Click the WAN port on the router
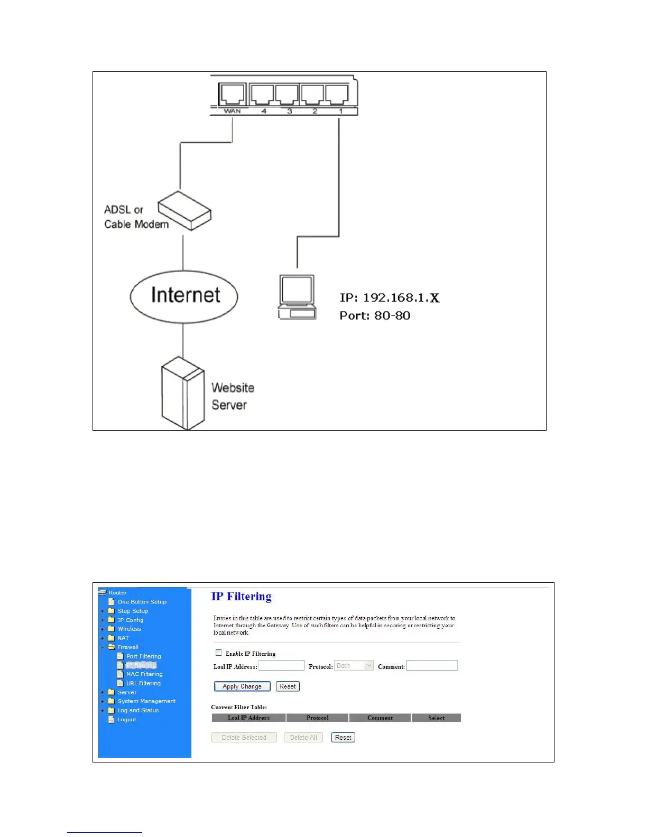pyautogui.click(x=232, y=95)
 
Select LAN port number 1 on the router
pyautogui.click(x=337, y=95)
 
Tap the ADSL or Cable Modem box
pyautogui.click(x=185, y=211)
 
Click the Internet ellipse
pyautogui.click(x=184, y=296)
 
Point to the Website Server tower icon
pyautogui.click(x=182, y=393)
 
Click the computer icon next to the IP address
pyautogui.click(x=297, y=297)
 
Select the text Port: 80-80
pyautogui.click(x=375, y=315)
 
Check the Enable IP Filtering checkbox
pyautogui.click(x=219, y=653)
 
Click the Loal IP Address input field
pyautogui.click(x=281, y=665)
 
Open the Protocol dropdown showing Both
pyautogui.click(x=354, y=666)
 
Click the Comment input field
pyautogui.click(x=432, y=665)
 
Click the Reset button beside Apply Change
pyautogui.click(x=288, y=686)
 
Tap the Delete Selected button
pyautogui.click(x=244, y=737)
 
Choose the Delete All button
pyautogui.click(x=303, y=737)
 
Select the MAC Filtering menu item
pyautogui.click(x=144, y=674)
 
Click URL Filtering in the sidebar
pyautogui.click(x=143, y=683)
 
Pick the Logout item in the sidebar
pyautogui.click(x=127, y=720)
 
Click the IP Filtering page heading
pyautogui.click(x=242, y=597)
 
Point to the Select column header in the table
pyautogui.click(x=436, y=718)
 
